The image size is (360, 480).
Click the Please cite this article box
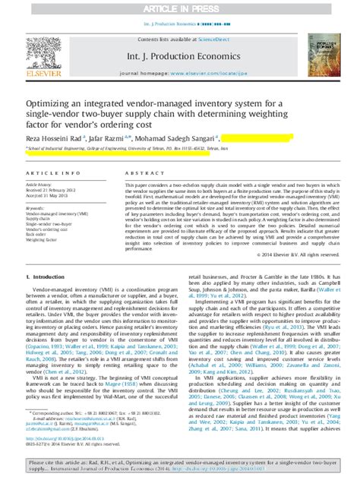(x=180, y=465)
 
